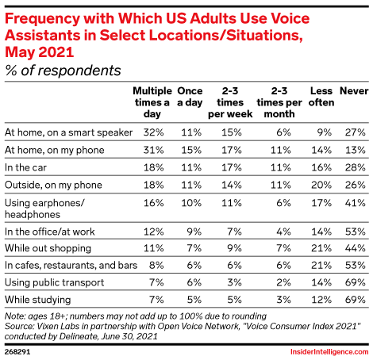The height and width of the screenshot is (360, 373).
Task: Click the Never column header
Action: pyautogui.click(x=354, y=91)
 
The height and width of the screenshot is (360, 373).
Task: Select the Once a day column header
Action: pyautogui.click(x=190, y=97)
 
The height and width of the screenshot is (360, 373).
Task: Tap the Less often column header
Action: pyautogui.click(x=321, y=97)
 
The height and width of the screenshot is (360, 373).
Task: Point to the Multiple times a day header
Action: pyautogui.click(x=152, y=102)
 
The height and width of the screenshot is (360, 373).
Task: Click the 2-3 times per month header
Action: pyautogui.click(x=279, y=102)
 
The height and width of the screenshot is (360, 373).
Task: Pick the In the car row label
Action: pyautogui.click(x=25, y=167)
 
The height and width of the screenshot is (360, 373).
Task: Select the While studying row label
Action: pyautogui.click(x=38, y=300)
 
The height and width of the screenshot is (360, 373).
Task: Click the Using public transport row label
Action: pyautogui.click(x=55, y=282)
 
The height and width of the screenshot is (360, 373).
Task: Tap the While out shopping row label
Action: pyautogui.click(x=48, y=248)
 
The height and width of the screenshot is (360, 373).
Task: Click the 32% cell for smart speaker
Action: pyautogui.click(x=153, y=132)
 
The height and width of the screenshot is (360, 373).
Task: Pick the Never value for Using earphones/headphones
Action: pyautogui.click(x=355, y=203)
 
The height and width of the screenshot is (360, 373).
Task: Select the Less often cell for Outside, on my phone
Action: pyautogui.click(x=321, y=185)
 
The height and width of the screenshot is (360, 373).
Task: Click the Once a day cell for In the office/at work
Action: pyautogui.click(x=194, y=232)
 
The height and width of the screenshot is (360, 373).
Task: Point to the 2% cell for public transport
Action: pyautogui.click(x=283, y=282)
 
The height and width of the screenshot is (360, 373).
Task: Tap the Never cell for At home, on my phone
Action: pyautogui.click(x=355, y=150)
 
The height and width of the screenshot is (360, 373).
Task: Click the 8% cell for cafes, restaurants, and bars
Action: pyautogui.click(x=156, y=265)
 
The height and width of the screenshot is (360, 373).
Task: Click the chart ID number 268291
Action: pyautogui.click(x=17, y=352)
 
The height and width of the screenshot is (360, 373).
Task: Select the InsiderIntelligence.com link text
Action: pyautogui.click(x=329, y=352)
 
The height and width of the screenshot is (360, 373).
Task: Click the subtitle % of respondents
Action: pyautogui.click(x=63, y=71)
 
